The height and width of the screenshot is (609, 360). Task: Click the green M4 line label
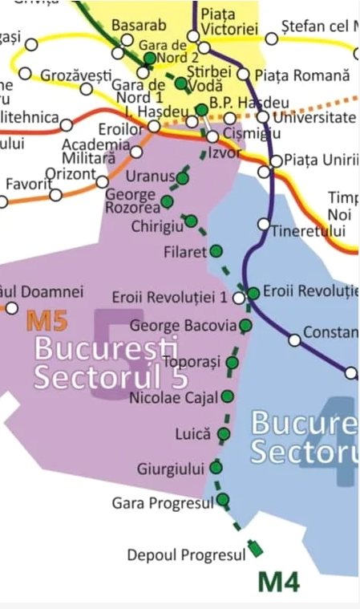[x=278, y=580]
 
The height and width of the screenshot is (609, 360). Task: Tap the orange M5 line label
[x=47, y=321]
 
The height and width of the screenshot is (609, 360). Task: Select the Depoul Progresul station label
[x=185, y=555]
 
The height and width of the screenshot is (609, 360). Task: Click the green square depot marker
[x=256, y=550]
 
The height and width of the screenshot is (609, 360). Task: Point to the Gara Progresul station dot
[x=223, y=500]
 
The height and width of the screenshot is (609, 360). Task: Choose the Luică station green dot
[x=223, y=434]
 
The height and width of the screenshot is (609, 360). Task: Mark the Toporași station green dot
[x=233, y=363]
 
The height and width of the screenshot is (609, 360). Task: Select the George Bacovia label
[x=183, y=326]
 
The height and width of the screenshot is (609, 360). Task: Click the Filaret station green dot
[x=216, y=251]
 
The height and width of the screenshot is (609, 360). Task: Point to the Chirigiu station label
[x=157, y=227]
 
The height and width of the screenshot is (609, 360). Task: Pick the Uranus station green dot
[x=184, y=178]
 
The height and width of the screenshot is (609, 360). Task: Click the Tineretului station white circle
[x=263, y=224]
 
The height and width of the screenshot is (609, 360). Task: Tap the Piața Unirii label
[x=321, y=160]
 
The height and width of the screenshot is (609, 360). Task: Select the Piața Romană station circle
[x=244, y=75]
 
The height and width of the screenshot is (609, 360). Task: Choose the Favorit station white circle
[x=55, y=194]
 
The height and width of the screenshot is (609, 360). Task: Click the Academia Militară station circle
[x=136, y=152]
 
